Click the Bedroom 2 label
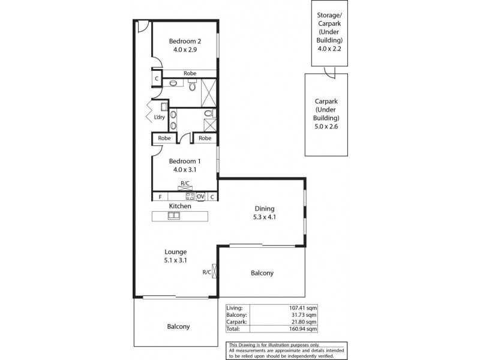tap(184, 41)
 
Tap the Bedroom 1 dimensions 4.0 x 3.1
tap(184, 170)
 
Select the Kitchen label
tap(179, 206)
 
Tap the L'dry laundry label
tap(160, 117)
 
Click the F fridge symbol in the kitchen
tap(160, 197)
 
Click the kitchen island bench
tap(179, 216)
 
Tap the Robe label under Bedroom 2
tap(190, 73)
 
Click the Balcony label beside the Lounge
tap(262, 273)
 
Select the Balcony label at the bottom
tap(178, 327)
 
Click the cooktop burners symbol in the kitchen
tap(190, 196)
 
